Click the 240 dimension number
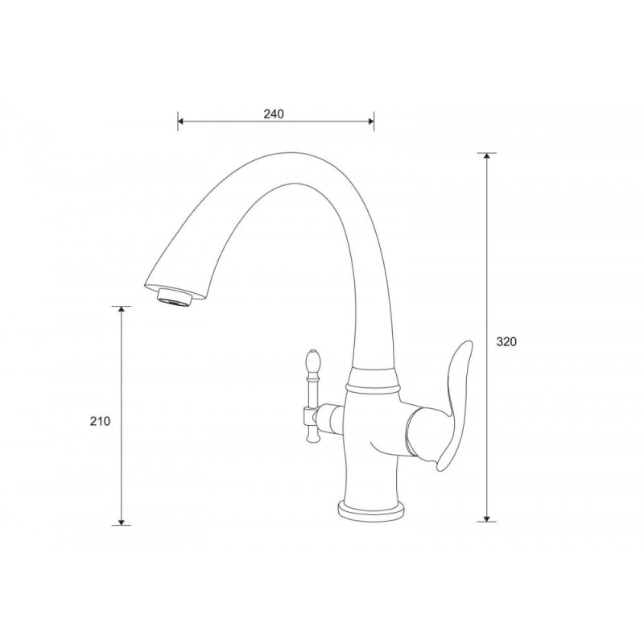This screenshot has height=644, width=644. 274,114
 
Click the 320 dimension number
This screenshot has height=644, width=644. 506,341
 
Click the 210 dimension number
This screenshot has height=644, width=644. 100,421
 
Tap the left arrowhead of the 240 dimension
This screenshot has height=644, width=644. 180,122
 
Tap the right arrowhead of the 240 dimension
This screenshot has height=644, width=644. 371,122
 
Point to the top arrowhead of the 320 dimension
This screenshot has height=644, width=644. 487,156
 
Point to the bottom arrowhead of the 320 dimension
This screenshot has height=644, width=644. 487,518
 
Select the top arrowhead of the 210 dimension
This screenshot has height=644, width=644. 122,309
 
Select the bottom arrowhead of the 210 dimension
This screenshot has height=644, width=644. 122,522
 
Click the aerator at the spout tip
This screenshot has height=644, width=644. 174,298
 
